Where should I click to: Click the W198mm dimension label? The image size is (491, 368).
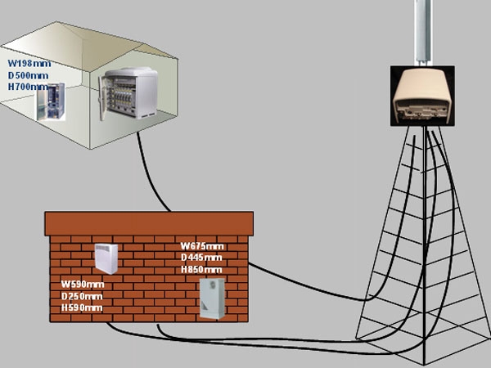coord(29,64)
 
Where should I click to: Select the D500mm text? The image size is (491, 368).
coord(28,75)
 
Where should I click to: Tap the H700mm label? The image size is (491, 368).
coord(28,87)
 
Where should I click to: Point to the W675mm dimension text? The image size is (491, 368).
coord(202,246)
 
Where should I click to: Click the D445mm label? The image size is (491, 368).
coord(201,258)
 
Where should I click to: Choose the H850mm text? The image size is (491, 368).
coord(201,269)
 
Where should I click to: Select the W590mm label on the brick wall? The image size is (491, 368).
coord(83,285)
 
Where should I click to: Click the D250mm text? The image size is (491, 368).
coord(82,296)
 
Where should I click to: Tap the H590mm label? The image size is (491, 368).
coord(82,307)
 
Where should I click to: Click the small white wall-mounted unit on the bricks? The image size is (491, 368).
coord(106,258)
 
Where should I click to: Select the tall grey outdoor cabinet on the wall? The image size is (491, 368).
coord(212,298)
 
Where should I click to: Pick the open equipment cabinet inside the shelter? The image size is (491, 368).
coord(128,93)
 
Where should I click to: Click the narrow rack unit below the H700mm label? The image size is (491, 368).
coord(51,101)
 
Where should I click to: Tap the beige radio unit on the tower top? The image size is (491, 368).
coord(422,96)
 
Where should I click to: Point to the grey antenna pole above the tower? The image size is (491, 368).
coord(423,33)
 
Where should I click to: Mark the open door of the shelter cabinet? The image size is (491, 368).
coord(102,98)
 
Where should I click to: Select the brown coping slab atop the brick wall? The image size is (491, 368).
coord(149,224)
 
